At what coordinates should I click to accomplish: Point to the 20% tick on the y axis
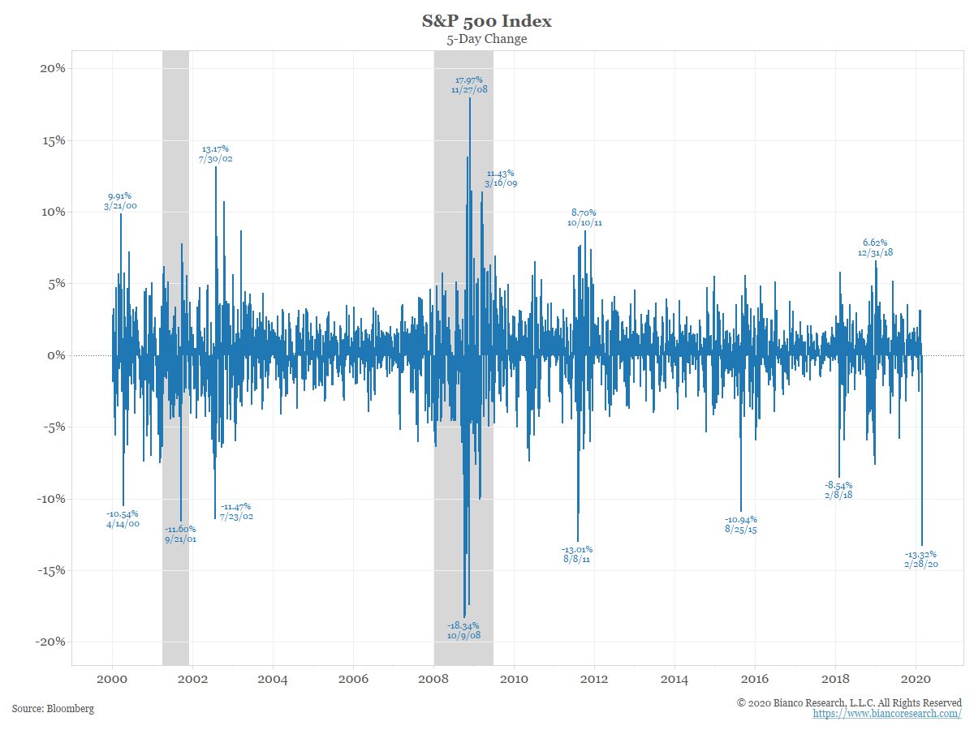pos(49,68)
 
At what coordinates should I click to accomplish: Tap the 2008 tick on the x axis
pos(434,680)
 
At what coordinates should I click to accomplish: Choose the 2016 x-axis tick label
pos(756,680)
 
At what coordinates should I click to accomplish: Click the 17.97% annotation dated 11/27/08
pos(469,85)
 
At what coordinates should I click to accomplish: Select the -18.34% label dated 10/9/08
pos(463,630)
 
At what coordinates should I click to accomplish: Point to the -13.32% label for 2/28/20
pos(921,560)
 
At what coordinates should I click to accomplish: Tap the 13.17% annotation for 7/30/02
pos(215,154)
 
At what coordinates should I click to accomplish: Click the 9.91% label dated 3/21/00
pos(119,201)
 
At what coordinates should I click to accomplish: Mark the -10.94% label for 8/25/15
pos(740,524)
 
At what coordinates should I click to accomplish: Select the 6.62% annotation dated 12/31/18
pos(875,247)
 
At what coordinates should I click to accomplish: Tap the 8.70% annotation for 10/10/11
pos(585,217)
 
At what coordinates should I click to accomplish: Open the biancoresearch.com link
pos(887,714)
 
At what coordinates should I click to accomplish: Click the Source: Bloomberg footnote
pos(53,709)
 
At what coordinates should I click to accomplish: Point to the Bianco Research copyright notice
pos(849,702)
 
